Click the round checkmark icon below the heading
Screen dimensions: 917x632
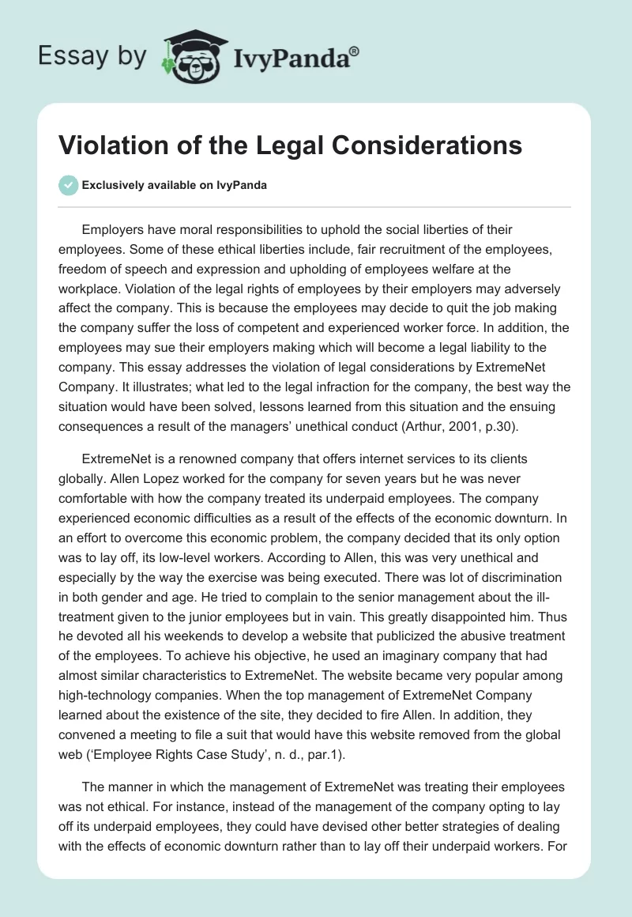(x=68, y=185)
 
